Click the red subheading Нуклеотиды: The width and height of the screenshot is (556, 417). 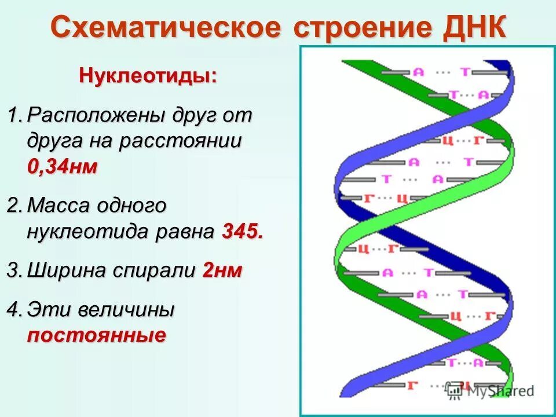click(148, 76)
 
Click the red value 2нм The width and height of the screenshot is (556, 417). click(222, 270)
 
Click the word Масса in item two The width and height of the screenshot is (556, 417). click(62, 205)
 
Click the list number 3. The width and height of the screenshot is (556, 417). click(13, 270)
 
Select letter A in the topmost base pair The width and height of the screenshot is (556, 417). click(418, 72)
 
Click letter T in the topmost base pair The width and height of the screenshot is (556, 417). click(464, 72)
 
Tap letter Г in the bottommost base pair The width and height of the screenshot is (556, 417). click(413, 385)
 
